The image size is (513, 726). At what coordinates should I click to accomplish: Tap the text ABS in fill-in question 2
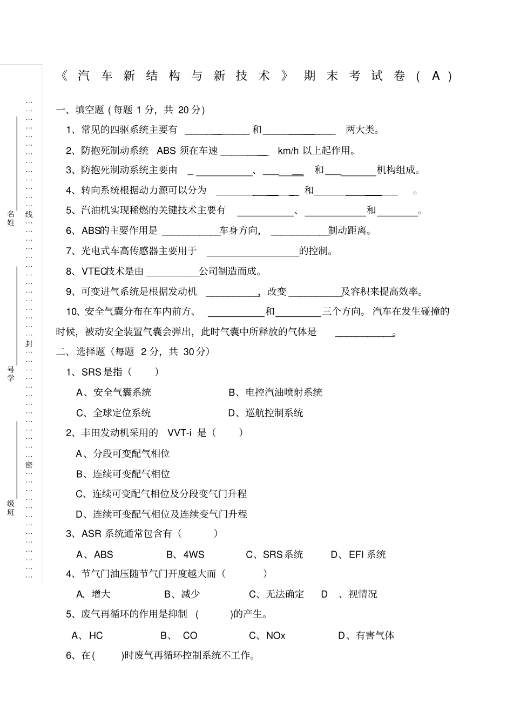pyautogui.click(x=166, y=151)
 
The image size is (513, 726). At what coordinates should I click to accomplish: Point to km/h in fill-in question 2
pyautogui.click(x=288, y=151)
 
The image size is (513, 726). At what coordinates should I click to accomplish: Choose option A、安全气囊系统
pyautogui.click(x=114, y=392)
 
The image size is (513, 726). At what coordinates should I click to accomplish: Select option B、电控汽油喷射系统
pyautogui.click(x=275, y=392)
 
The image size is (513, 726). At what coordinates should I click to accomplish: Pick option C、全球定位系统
pyautogui.click(x=113, y=413)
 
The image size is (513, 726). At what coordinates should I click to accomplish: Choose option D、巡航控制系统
pyautogui.click(x=266, y=413)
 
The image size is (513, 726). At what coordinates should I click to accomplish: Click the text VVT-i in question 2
pyautogui.click(x=180, y=433)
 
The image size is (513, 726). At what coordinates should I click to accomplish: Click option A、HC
pyautogui.click(x=87, y=636)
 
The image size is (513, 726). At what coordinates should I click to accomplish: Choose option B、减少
pyautogui.click(x=182, y=594)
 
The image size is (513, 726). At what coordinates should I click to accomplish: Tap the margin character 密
pyautogui.click(x=29, y=465)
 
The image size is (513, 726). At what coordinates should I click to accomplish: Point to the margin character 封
pyautogui.click(x=29, y=344)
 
